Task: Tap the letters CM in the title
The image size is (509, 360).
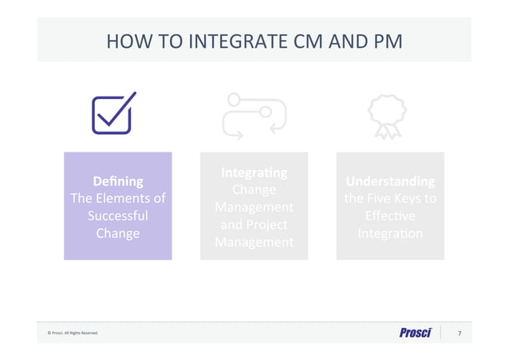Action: click(x=307, y=39)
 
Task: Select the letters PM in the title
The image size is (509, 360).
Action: click(x=385, y=39)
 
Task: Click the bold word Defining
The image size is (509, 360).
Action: click(x=118, y=182)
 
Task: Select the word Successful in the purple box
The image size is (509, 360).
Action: click(x=118, y=216)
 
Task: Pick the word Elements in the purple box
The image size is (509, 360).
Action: click(x=134, y=199)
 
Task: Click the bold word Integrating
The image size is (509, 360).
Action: click(x=254, y=172)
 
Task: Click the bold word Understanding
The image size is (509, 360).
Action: click(x=390, y=181)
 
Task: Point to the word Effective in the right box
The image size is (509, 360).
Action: click(x=390, y=216)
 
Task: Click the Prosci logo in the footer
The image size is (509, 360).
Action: click(x=415, y=333)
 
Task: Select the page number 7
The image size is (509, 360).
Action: click(x=459, y=333)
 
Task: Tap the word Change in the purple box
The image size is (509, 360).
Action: click(x=118, y=234)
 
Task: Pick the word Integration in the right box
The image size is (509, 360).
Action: click(x=390, y=234)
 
